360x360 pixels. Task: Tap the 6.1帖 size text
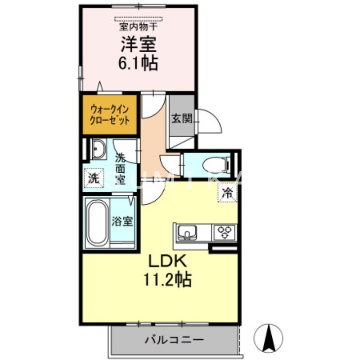[138, 63]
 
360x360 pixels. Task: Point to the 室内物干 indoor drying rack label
[138, 27]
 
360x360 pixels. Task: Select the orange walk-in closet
[110, 115]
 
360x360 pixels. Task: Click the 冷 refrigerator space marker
[228, 194]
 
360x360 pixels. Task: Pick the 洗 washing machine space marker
[93, 177]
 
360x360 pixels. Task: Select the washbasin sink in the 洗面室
[98, 148]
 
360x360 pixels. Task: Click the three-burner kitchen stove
[225, 232]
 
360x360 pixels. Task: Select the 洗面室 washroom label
[120, 169]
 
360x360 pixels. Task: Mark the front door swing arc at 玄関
[210, 121]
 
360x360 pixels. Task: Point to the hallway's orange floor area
[154, 135]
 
